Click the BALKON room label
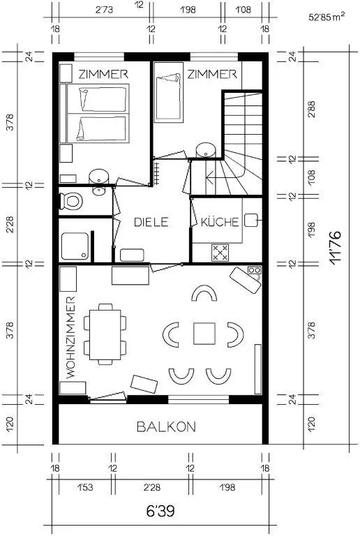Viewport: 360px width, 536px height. click(x=166, y=426)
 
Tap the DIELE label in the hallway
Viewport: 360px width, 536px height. click(x=151, y=222)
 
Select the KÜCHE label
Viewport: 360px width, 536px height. click(x=220, y=222)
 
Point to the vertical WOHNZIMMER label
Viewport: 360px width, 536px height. click(x=70, y=337)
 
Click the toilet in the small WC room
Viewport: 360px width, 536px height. click(x=71, y=201)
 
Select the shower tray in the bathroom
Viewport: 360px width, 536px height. click(x=75, y=246)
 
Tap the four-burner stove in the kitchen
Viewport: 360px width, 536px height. click(x=220, y=253)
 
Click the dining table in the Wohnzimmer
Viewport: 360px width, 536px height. click(x=105, y=335)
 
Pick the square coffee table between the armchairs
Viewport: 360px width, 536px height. click(x=204, y=334)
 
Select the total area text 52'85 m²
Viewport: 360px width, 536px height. click(x=327, y=17)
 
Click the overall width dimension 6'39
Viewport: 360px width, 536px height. click(x=160, y=511)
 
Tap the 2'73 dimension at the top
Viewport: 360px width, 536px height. click(x=104, y=10)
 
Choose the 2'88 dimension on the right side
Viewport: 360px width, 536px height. click(x=311, y=110)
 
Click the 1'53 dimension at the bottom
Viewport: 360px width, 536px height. click(x=84, y=486)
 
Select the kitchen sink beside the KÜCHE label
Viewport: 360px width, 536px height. click(x=252, y=221)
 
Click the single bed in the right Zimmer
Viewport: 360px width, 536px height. click(x=168, y=97)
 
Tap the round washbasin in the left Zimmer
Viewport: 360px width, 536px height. click(x=98, y=177)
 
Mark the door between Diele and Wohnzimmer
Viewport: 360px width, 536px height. click(x=166, y=267)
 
